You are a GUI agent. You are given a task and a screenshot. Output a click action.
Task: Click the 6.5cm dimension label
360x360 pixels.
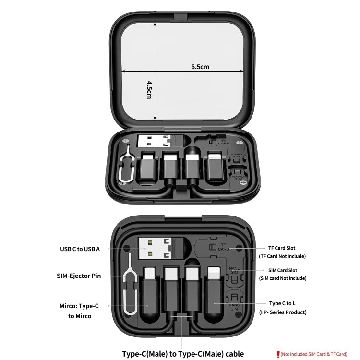[200, 67]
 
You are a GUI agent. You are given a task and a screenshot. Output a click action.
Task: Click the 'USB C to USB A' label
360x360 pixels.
[80, 249]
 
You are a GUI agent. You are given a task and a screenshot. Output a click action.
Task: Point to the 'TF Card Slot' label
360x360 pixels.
[282, 248]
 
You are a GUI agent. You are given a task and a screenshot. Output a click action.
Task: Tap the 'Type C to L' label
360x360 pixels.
[282, 303]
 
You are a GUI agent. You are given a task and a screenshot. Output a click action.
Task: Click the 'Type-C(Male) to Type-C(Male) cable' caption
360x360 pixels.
[182, 354]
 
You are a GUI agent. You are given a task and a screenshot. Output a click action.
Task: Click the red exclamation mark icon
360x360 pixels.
[278, 354]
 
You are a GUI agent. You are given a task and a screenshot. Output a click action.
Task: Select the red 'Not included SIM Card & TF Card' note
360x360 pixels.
[314, 354]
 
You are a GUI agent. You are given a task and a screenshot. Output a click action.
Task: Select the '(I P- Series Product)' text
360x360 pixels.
[282, 312]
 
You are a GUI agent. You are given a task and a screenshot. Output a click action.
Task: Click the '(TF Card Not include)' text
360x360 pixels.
[282, 257]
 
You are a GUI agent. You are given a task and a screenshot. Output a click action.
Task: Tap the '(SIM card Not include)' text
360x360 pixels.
[282, 278]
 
